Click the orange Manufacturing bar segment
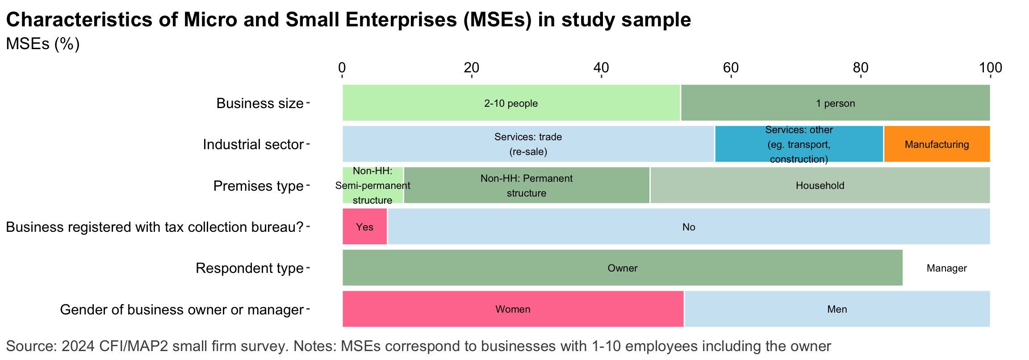[937, 144]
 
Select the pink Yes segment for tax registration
[364, 226]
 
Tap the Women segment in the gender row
[513, 309]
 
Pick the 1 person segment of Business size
[835, 103]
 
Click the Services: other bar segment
[799, 144]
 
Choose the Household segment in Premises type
[820, 185]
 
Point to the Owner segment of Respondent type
[622, 268]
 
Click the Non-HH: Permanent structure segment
[526, 185]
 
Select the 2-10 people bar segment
[511, 103]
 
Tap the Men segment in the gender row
[837, 309]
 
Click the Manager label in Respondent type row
[946, 268]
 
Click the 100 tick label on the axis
[990, 68]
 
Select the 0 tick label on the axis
[342, 68]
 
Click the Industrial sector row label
[253, 144]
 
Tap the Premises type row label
[258, 186]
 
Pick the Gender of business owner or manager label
[181, 310]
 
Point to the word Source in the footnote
[31, 346]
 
